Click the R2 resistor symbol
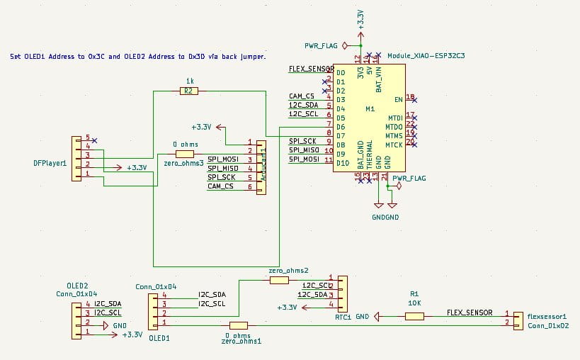click(188, 91)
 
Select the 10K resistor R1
click(414, 316)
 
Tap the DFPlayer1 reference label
click(50, 163)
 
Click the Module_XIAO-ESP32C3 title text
click(426, 55)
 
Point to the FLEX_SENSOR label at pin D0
click(311, 69)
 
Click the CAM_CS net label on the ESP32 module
click(302, 96)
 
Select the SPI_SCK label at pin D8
click(302, 141)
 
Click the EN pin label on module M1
click(399, 100)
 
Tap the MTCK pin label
click(394, 145)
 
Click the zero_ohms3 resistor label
click(183, 163)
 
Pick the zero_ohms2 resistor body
click(279, 280)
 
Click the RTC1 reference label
click(343, 317)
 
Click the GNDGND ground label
click(385, 217)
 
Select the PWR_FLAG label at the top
click(322, 45)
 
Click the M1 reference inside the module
click(370, 109)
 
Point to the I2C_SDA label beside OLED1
click(212, 294)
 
